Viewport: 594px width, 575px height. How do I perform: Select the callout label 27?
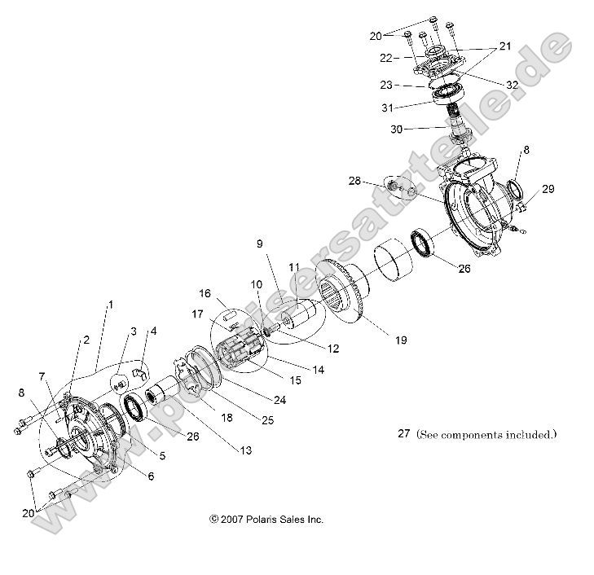[403, 434]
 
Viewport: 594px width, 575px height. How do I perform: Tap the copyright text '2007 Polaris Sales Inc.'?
[266, 519]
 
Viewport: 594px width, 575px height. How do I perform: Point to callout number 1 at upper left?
[111, 304]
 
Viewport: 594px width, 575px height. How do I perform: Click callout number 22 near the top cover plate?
[387, 58]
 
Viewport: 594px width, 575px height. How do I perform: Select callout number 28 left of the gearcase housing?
[354, 180]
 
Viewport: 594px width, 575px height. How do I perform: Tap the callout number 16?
[205, 292]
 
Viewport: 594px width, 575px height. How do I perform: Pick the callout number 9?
[259, 243]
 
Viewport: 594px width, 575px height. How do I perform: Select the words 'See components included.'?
[486, 434]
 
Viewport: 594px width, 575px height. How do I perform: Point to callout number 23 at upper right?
[386, 84]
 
